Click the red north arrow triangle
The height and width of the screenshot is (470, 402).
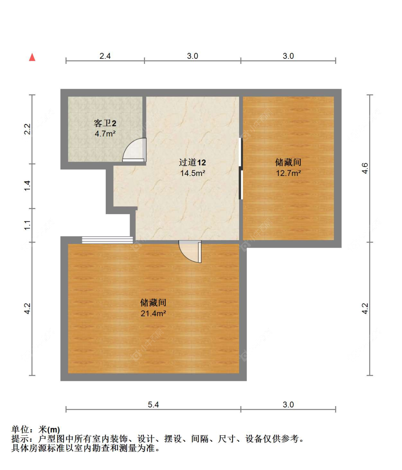pos(32,57)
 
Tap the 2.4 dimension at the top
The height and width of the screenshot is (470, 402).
pos(105,56)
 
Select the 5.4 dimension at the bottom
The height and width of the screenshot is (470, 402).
pos(153,404)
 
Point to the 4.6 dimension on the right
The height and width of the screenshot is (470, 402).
pos(364,168)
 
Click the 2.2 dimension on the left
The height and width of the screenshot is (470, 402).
pos(28,129)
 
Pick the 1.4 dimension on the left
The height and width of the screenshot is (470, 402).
pos(28,186)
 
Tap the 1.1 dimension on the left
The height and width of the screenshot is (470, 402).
pos(28,225)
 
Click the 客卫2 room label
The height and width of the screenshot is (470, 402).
pos(105,123)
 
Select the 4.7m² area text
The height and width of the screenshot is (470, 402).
pos(105,134)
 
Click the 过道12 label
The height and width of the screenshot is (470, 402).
pos(192,163)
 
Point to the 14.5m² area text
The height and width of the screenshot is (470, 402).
pos(192,173)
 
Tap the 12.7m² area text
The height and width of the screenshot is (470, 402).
pos(288,173)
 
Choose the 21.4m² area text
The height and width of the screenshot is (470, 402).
pos(153,313)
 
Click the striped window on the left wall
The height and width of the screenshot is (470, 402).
pos(107,240)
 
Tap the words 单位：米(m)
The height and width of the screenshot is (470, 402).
pos(36,429)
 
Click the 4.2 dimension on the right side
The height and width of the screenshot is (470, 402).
pos(364,308)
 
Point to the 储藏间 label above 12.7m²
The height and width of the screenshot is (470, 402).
pos(288,162)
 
